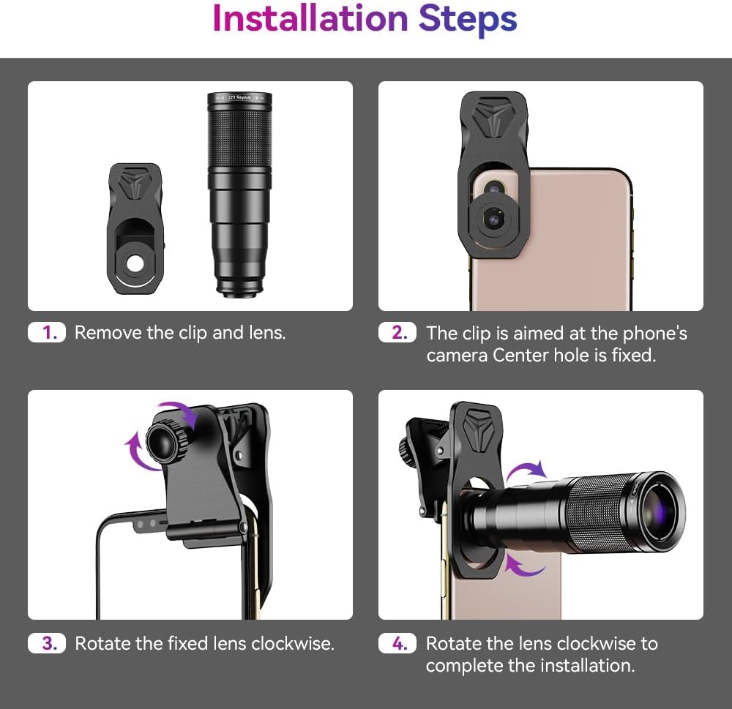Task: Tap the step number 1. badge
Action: pyautogui.click(x=49, y=333)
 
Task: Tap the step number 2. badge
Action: pyautogui.click(x=399, y=333)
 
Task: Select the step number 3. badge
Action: pyautogui.click(x=49, y=643)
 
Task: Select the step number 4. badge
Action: pyautogui.click(x=399, y=643)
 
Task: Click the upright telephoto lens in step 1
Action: pyautogui.click(x=239, y=194)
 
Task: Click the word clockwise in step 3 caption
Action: pyautogui.click(x=292, y=644)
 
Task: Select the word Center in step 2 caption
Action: pyautogui.click(x=519, y=356)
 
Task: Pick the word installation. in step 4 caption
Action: pyautogui.click(x=586, y=666)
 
